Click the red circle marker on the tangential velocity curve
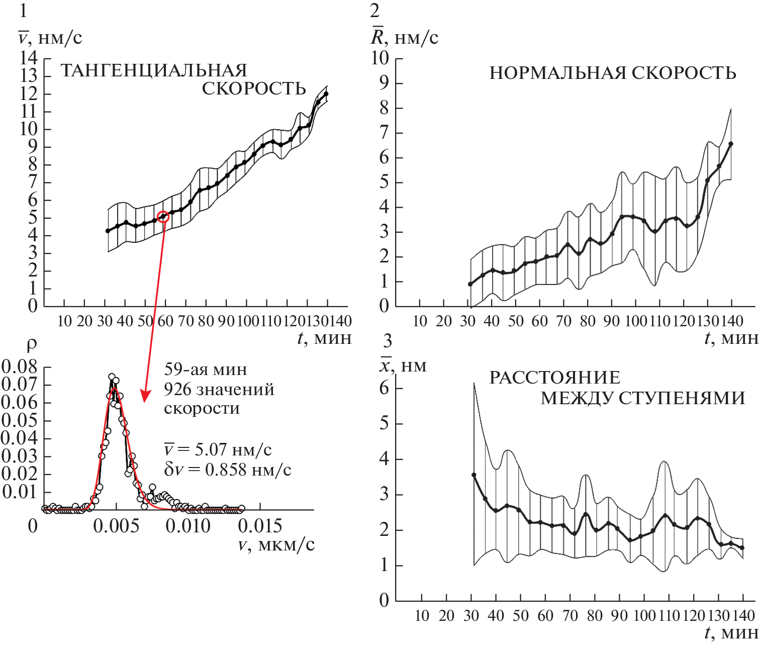[x=163, y=217]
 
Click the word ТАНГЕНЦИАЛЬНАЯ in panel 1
[x=154, y=70]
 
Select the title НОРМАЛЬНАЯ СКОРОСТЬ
[x=613, y=73]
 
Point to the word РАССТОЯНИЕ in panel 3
[x=554, y=378]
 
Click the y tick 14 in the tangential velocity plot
[x=29, y=58]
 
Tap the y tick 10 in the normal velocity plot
[x=380, y=58]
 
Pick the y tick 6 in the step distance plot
[x=384, y=388]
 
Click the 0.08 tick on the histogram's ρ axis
[x=20, y=367]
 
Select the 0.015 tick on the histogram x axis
[x=260, y=526]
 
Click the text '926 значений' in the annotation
[x=219, y=390]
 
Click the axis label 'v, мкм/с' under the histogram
[x=276, y=545]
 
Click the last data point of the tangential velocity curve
[x=326, y=94]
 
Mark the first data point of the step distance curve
[x=473, y=475]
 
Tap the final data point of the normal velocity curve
[x=731, y=144]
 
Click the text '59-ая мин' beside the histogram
[x=206, y=370]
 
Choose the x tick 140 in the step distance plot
[x=743, y=615]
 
